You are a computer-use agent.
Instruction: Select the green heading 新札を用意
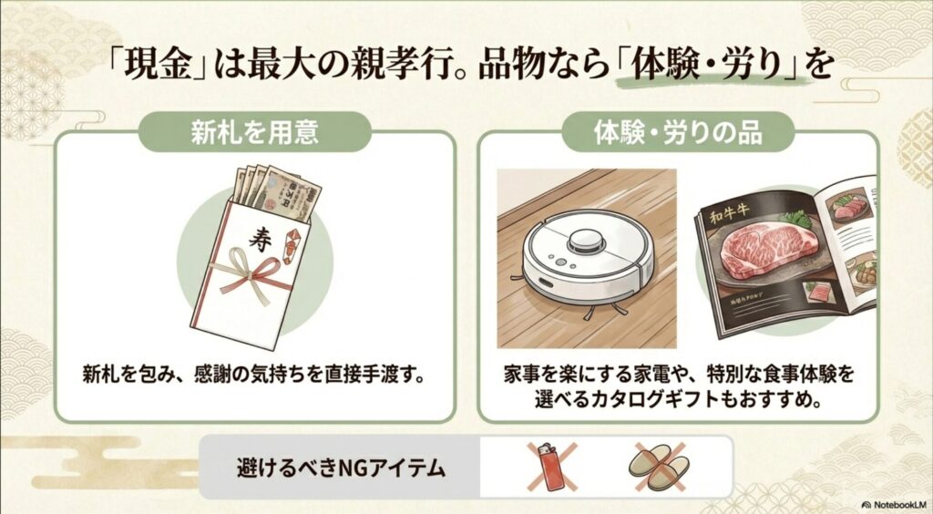coord(254,132)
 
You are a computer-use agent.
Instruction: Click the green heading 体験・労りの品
coord(679,132)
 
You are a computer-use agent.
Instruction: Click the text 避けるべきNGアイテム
coord(342,468)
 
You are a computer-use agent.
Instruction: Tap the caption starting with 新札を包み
coord(254,375)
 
